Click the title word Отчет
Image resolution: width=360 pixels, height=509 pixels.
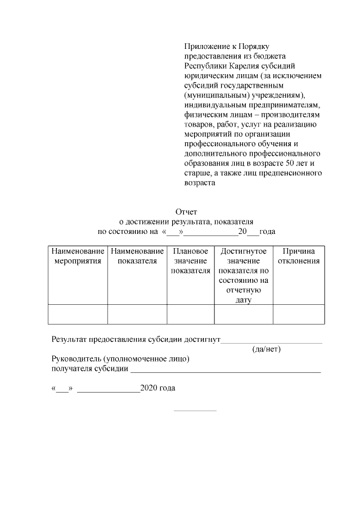click(x=186, y=212)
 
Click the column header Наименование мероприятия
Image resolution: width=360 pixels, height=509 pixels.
click(x=78, y=256)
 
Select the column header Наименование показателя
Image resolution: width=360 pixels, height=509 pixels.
click(x=137, y=256)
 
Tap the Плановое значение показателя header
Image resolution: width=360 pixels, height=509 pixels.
click(x=191, y=261)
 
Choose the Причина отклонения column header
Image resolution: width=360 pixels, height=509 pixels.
click(x=299, y=256)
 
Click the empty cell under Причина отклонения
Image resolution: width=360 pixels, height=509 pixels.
click(x=299, y=314)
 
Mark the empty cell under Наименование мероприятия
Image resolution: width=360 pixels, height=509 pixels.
click(x=78, y=314)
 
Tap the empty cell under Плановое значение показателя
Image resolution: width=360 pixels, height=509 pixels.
click(x=191, y=314)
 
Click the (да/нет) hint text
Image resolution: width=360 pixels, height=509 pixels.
click(x=267, y=349)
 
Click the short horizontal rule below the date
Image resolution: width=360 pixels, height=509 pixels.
click(x=195, y=410)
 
